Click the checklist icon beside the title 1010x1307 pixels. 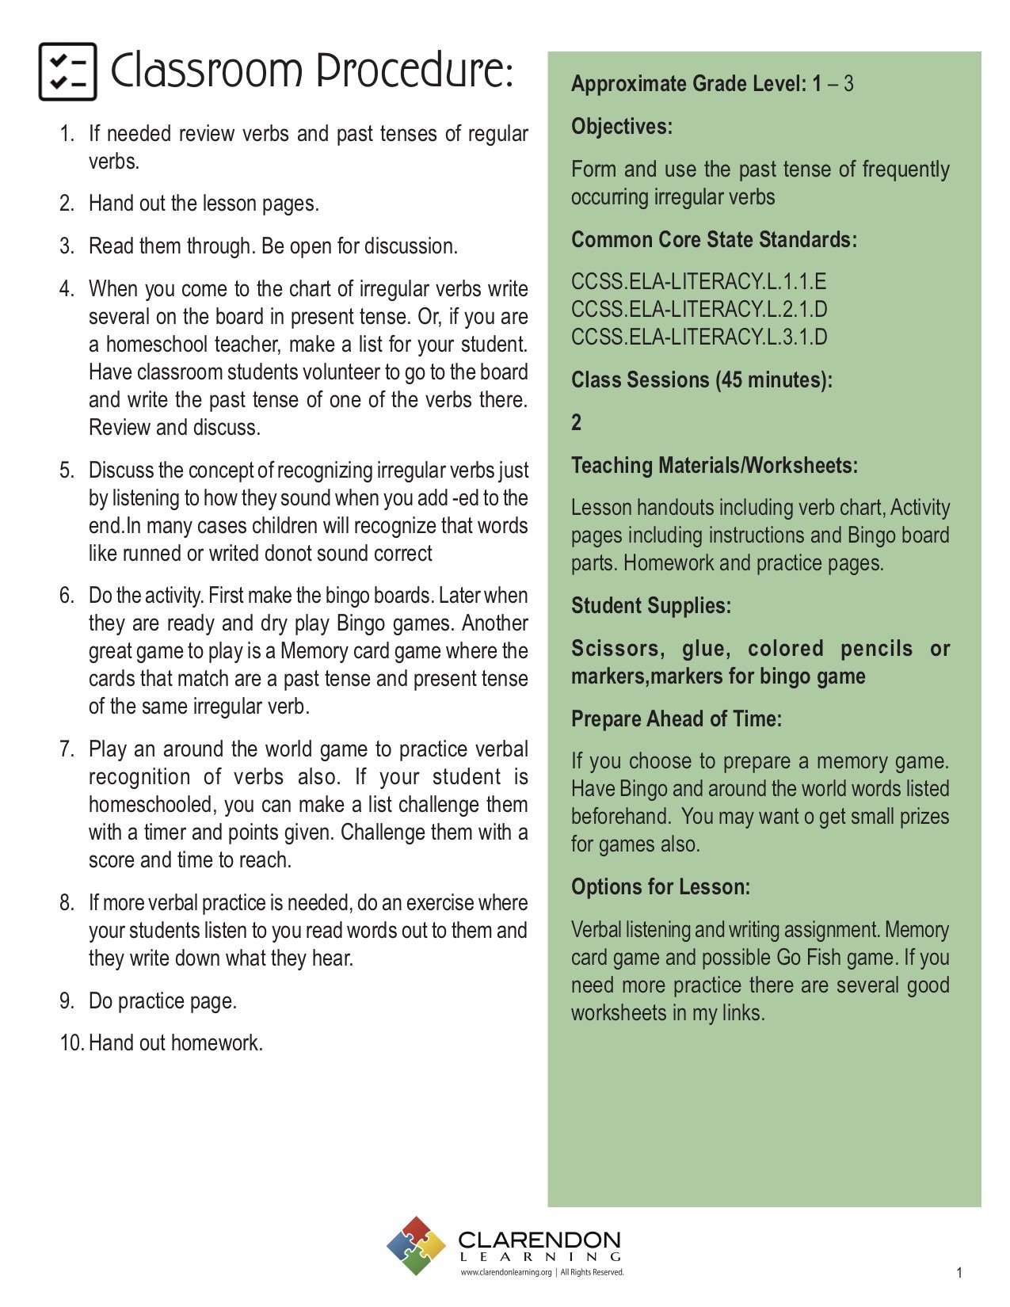68,72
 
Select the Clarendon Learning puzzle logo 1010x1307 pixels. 417,1245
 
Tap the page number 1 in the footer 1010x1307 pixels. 959,1273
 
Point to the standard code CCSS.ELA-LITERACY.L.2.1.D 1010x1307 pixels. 699,310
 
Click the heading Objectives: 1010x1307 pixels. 622,127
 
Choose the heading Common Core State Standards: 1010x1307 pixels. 714,240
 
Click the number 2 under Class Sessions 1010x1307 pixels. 577,422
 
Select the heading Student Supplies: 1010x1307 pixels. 651,606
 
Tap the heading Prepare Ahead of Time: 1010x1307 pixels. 676,719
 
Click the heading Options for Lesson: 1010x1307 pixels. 660,887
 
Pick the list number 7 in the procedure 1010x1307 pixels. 67,749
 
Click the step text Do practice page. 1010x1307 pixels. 162,1001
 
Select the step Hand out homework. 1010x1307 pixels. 175,1043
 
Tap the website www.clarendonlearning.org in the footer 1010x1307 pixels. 506,1273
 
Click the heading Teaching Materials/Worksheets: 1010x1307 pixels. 714,466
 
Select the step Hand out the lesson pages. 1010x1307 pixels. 204,204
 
